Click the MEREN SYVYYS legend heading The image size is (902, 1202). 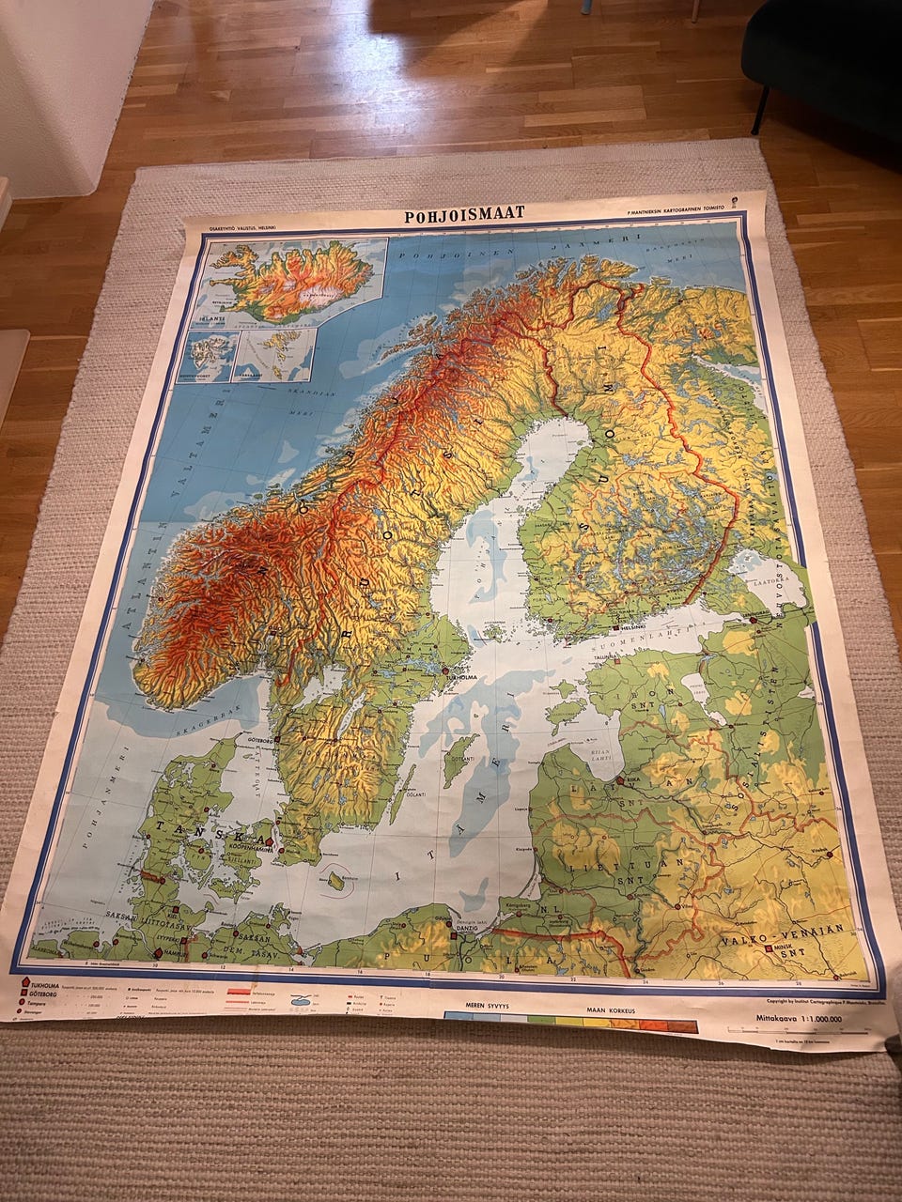click(x=488, y=1003)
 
